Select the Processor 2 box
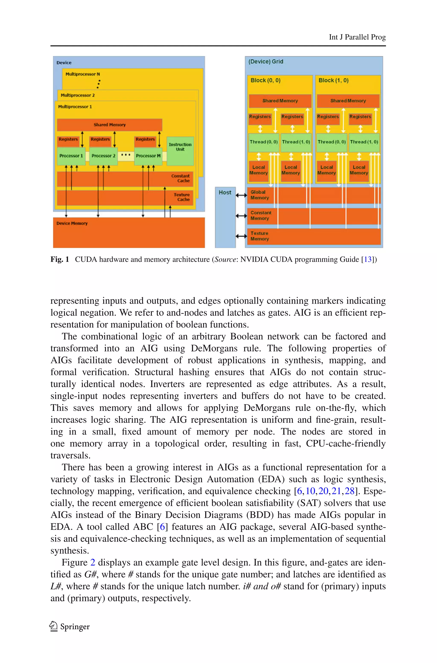(103, 156)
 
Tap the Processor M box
(148, 156)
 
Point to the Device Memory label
(72, 223)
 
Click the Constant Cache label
(180, 178)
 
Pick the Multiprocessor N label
(83, 74)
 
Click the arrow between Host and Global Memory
(241, 195)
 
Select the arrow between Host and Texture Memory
(241, 236)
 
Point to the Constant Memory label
(260, 215)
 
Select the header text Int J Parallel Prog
(357, 37)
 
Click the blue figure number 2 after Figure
(93, 563)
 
